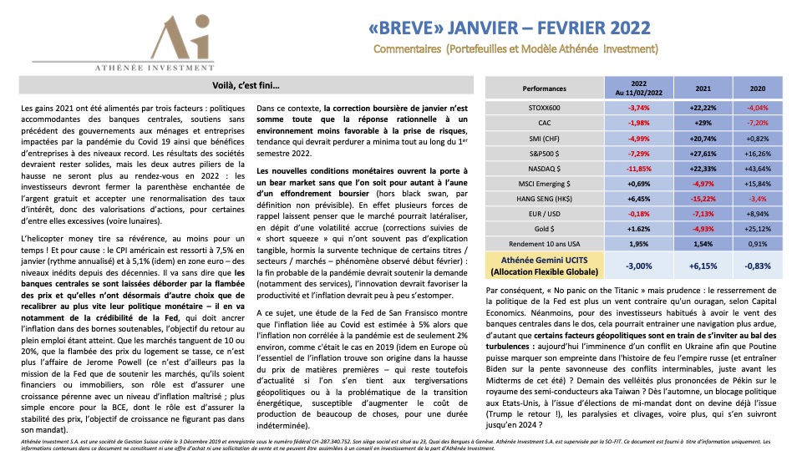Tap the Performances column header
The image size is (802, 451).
pyautogui.click(x=544, y=88)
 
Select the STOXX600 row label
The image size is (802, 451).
pyautogui.click(x=544, y=107)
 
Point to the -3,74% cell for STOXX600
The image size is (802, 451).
pyautogui.click(x=638, y=107)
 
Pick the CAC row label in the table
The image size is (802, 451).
pyautogui.click(x=544, y=124)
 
